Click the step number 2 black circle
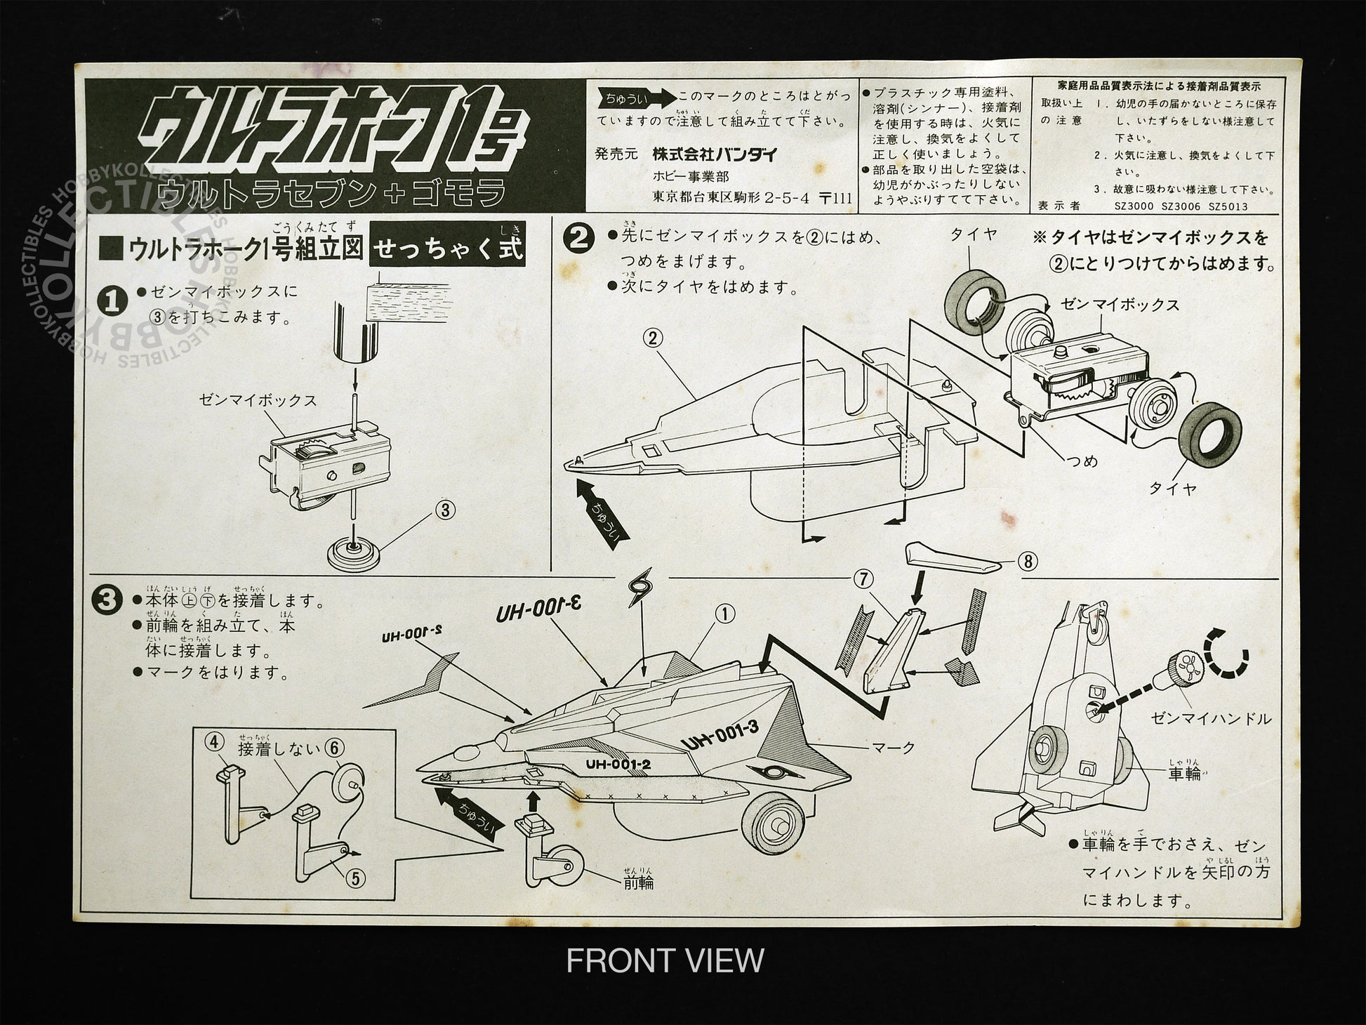[581, 239]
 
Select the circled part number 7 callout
[863, 580]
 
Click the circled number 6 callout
[334, 748]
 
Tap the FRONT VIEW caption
[664, 960]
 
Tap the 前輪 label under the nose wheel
[638, 882]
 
